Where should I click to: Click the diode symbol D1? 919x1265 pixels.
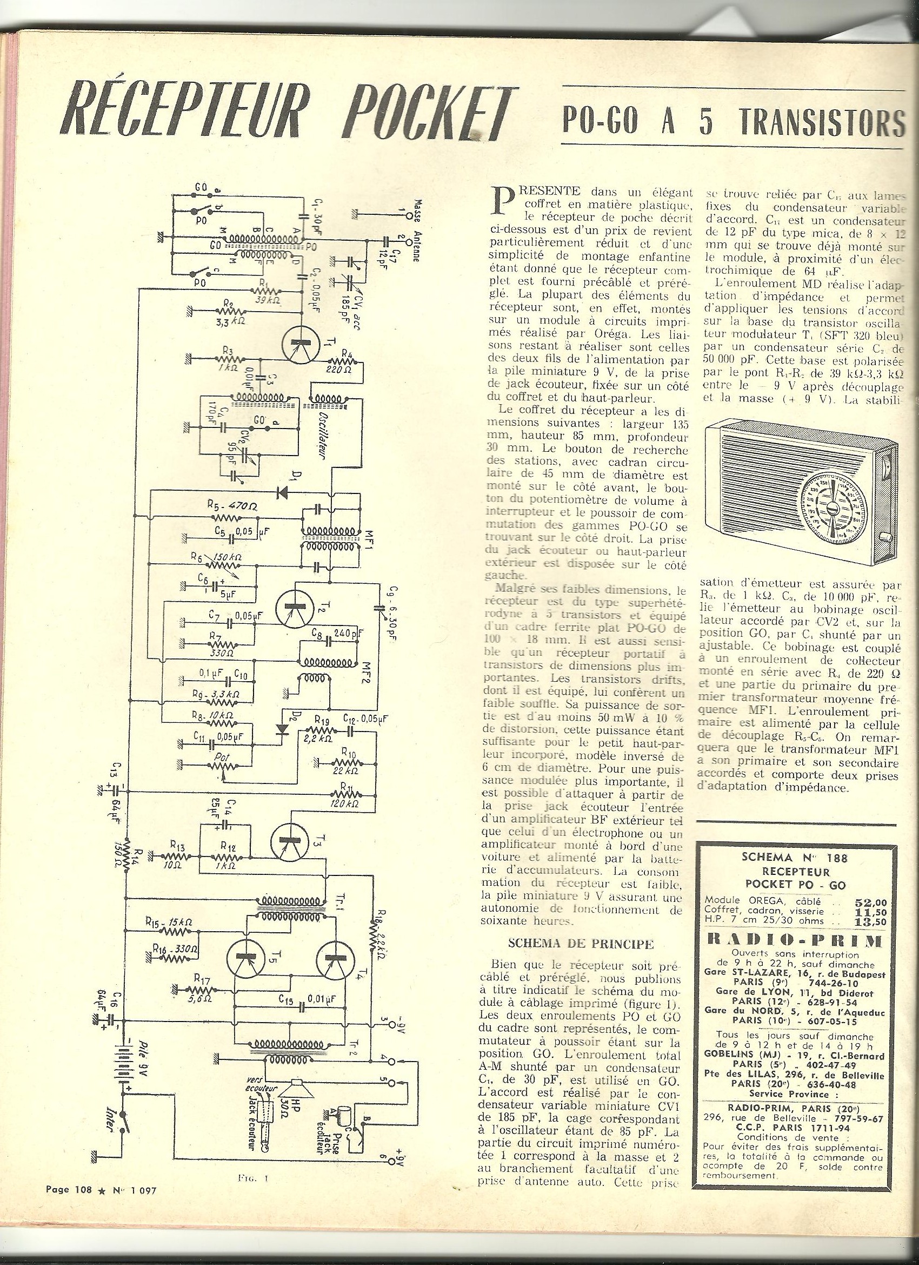click(x=284, y=492)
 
